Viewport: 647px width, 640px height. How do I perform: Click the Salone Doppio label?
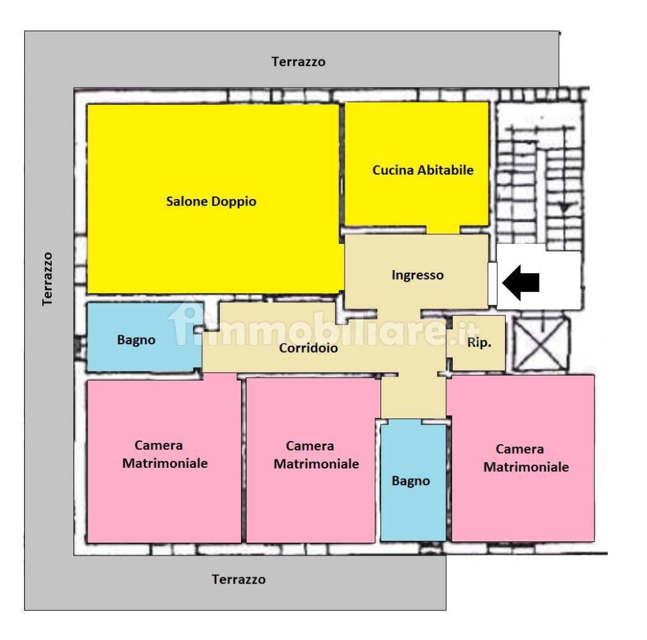pos(211,202)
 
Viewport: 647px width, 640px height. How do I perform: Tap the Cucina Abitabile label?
pos(423,170)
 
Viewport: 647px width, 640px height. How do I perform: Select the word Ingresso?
pos(417,276)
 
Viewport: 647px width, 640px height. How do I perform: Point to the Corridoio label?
pos(308,348)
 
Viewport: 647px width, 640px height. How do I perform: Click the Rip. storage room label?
pos(479,342)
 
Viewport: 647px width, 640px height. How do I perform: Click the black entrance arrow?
pos(521,283)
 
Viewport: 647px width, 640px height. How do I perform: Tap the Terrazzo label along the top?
pos(299,61)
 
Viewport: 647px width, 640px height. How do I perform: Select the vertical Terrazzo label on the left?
pos(47,279)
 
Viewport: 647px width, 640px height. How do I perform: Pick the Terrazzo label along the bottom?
pos(238,579)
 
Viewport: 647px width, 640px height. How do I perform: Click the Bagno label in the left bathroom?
pos(136,340)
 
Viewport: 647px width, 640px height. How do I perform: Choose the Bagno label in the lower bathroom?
pos(410,481)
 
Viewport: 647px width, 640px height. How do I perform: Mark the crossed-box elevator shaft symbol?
pos(540,344)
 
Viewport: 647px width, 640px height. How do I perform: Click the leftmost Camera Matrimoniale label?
pos(165,454)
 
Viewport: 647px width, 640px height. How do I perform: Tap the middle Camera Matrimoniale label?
pos(316,455)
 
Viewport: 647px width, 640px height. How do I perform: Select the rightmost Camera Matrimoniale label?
pos(526,458)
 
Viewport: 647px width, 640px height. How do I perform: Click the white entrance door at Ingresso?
pos(492,284)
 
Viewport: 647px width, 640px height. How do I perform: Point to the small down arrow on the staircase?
pos(564,207)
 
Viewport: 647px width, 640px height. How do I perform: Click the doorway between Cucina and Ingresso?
pos(443,230)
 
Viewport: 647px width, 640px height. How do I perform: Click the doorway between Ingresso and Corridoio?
pos(399,313)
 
